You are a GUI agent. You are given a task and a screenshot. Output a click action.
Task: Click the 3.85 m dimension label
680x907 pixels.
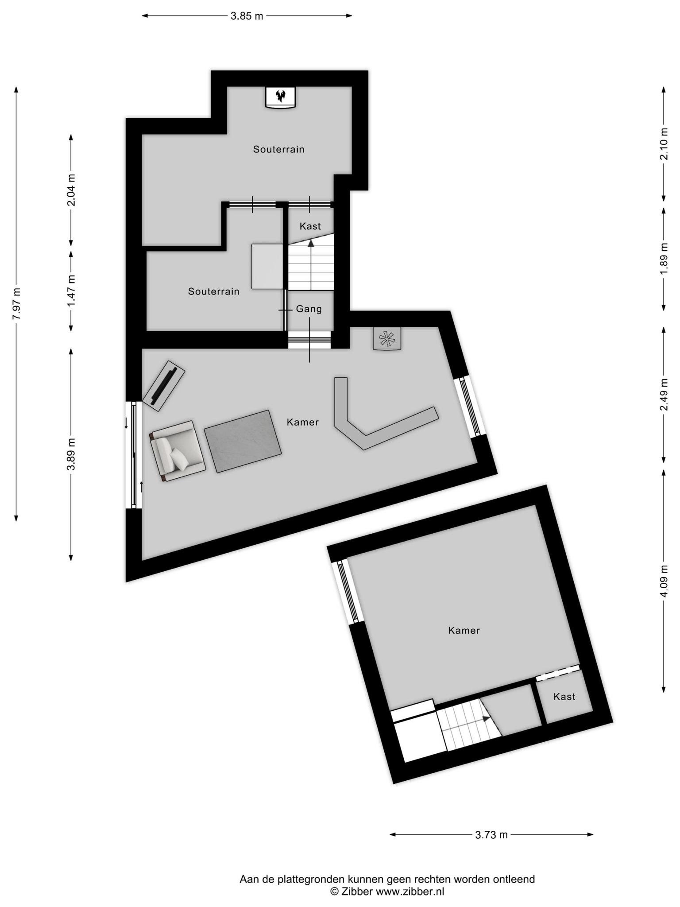coord(247,16)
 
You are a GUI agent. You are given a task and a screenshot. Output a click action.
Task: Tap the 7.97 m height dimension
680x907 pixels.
coord(16,304)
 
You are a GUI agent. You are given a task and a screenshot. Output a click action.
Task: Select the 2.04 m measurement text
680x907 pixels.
coord(71,190)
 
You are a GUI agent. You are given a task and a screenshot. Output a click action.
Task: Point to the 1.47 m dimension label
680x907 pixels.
coord(71,291)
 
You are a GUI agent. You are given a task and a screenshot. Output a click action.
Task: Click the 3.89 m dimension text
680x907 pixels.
coord(71,454)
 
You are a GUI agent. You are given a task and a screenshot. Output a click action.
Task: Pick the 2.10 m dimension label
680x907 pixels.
coord(664,144)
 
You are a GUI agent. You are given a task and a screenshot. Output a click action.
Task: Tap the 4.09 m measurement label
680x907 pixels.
coord(664,581)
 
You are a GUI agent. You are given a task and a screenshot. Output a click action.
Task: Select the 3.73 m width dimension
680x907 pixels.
coord(491,835)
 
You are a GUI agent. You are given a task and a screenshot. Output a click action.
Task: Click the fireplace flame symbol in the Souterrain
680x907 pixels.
coord(280,95)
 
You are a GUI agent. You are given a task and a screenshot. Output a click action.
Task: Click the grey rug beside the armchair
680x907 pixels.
coord(243,441)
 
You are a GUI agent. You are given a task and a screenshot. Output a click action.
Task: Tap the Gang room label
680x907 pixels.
coord(309,309)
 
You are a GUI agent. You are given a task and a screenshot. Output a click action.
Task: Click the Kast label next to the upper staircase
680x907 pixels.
coord(310,226)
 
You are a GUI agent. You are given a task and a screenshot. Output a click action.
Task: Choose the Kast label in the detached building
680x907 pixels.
coord(564,697)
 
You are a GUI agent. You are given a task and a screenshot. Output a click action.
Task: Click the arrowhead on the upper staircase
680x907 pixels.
coord(311,243)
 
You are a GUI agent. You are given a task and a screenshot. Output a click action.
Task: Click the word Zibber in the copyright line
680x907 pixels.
coord(357,891)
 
